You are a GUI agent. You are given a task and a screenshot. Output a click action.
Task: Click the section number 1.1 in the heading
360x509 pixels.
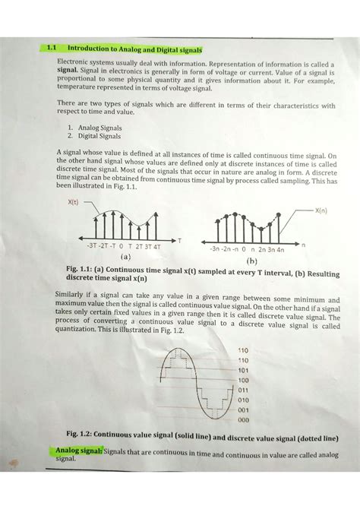pos(52,47)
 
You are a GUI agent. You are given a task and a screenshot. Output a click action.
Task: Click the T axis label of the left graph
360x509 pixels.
pos(180,240)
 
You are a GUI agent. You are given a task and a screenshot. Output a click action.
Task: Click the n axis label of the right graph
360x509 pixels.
pos(303,245)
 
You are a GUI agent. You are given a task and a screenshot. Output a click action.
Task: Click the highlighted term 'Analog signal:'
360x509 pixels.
pos(77,451)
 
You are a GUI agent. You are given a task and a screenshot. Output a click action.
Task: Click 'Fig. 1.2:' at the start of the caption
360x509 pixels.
pos(82,435)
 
